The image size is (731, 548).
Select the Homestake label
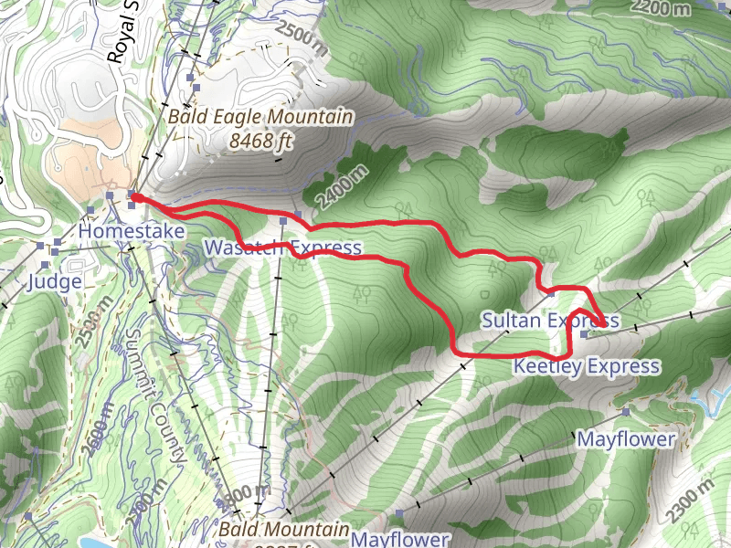coord(132,232)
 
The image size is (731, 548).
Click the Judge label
coord(54,280)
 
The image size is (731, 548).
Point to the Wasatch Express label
coord(282,248)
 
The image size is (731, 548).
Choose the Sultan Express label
coord(550,320)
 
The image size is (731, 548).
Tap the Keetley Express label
coord(586,366)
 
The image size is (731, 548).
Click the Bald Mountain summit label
coord(284,530)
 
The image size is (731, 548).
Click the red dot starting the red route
coord(135,196)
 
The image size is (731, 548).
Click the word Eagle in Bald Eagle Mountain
coord(241,118)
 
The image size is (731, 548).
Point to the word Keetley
coord(546,366)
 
